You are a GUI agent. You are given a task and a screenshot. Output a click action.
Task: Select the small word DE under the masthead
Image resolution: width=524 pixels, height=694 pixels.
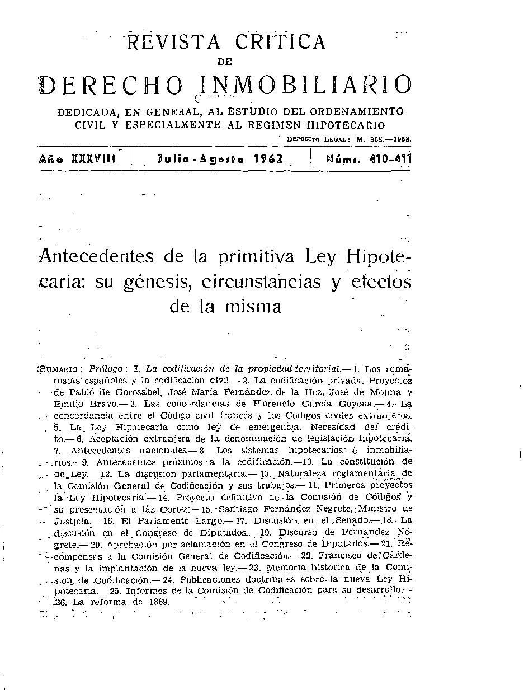(224, 62)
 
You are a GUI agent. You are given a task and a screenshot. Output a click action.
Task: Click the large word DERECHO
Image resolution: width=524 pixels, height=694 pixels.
(112, 85)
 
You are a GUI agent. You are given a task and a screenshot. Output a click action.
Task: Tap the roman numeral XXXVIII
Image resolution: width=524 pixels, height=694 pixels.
(95, 159)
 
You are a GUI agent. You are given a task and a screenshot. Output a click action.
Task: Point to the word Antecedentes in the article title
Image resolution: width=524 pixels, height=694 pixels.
(96, 257)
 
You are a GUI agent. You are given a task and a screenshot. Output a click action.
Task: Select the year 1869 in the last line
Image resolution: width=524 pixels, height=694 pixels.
(157, 602)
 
